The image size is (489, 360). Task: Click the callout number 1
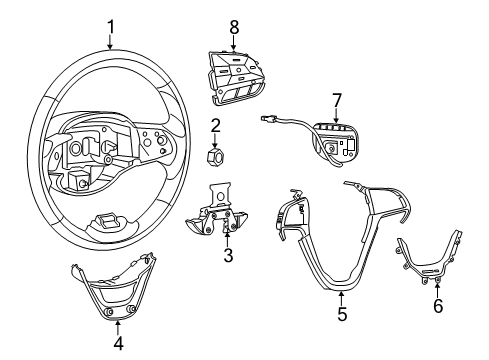tap(111, 25)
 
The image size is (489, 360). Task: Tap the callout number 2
tap(214, 124)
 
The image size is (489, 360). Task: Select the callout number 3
tap(227, 256)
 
